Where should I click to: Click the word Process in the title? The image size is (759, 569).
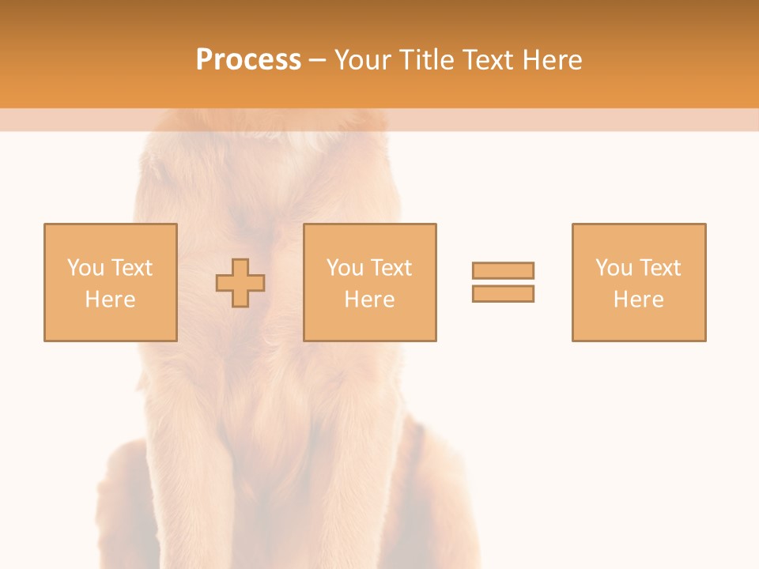pyautogui.click(x=248, y=60)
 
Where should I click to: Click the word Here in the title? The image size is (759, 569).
pyautogui.click(x=553, y=60)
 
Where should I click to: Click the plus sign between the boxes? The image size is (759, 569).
pyautogui.click(x=240, y=283)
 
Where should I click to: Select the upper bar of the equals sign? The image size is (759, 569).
pyautogui.click(x=503, y=270)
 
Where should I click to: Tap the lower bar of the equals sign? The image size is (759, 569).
pyautogui.click(x=503, y=293)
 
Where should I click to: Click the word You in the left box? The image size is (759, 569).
pyautogui.click(x=85, y=268)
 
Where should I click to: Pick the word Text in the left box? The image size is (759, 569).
pyautogui.click(x=131, y=268)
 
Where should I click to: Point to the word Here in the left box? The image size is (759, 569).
pyautogui.click(x=110, y=300)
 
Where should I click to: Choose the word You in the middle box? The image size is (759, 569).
pyautogui.click(x=345, y=268)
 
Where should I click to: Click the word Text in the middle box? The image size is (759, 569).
pyautogui.click(x=391, y=268)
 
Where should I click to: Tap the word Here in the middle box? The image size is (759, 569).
pyautogui.click(x=369, y=300)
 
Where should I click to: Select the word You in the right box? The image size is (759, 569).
pyautogui.click(x=614, y=268)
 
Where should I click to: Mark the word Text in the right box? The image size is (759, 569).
pyautogui.click(x=659, y=268)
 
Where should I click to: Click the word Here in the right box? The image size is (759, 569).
pyautogui.click(x=638, y=300)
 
